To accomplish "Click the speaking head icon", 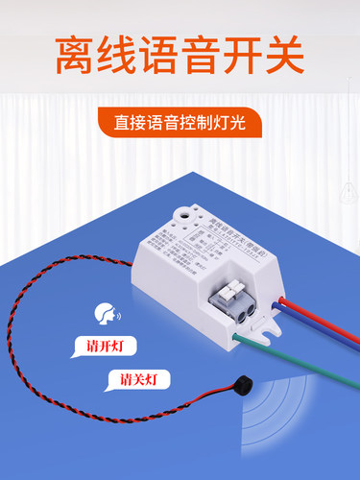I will point(102,313).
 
